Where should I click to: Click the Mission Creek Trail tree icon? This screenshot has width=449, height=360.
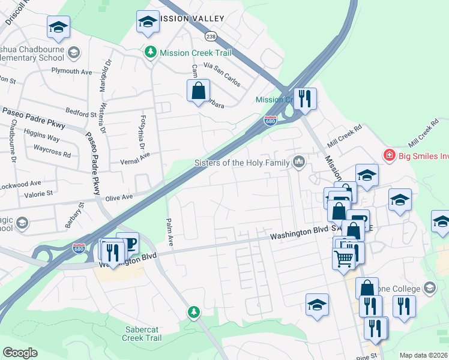pyautogui.click(x=151, y=53)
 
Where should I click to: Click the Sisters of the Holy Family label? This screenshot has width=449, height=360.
pyautogui.click(x=242, y=163)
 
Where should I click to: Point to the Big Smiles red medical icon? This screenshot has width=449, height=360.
pyautogui.click(x=390, y=155)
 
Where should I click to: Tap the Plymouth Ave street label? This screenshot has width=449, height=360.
pyautogui.click(x=71, y=71)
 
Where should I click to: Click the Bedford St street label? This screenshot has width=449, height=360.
pyautogui.click(x=80, y=113)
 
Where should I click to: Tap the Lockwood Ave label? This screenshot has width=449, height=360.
pyautogui.click(x=22, y=182)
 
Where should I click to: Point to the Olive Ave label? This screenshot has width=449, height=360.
pyautogui.click(x=118, y=197)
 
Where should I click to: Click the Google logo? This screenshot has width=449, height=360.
pyautogui.click(x=20, y=353)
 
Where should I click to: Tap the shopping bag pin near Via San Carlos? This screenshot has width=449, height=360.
pyautogui.click(x=198, y=92)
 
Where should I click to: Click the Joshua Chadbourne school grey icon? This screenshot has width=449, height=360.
pyautogui.click(x=74, y=53)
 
